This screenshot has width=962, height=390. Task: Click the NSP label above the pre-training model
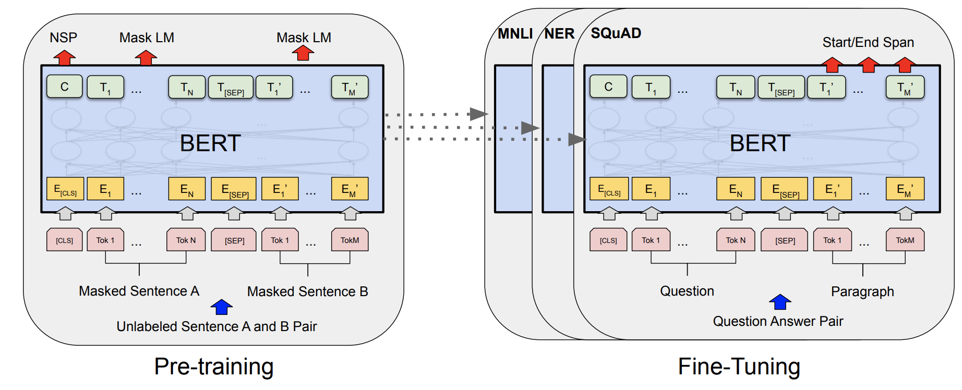point(63,38)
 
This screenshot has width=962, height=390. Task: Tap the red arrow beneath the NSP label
point(64,57)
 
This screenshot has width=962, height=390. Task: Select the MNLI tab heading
point(515,34)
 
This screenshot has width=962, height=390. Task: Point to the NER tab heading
point(559,34)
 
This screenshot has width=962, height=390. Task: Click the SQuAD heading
point(616,33)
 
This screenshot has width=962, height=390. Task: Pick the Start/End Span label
point(868,42)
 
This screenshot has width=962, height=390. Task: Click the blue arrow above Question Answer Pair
point(780,301)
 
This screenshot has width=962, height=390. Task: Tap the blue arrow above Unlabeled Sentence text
point(222,307)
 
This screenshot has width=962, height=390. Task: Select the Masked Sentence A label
point(139,291)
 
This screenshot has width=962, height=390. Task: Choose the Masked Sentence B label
point(307,291)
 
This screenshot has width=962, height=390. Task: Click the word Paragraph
point(862,291)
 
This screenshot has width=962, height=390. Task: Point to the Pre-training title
point(213,367)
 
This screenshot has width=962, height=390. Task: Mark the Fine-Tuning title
point(739,367)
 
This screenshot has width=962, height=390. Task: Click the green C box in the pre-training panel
point(65,87)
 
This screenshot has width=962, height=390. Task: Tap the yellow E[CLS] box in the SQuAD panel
point(609,189)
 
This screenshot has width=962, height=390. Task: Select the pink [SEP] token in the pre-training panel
point(234,240)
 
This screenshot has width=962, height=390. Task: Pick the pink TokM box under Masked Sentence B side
point(350,240)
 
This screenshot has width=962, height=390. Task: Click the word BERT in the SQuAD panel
point(760,143)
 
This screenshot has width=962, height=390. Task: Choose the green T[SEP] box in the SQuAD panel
point(781,88)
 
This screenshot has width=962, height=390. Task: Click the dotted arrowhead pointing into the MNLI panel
point(478,114)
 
